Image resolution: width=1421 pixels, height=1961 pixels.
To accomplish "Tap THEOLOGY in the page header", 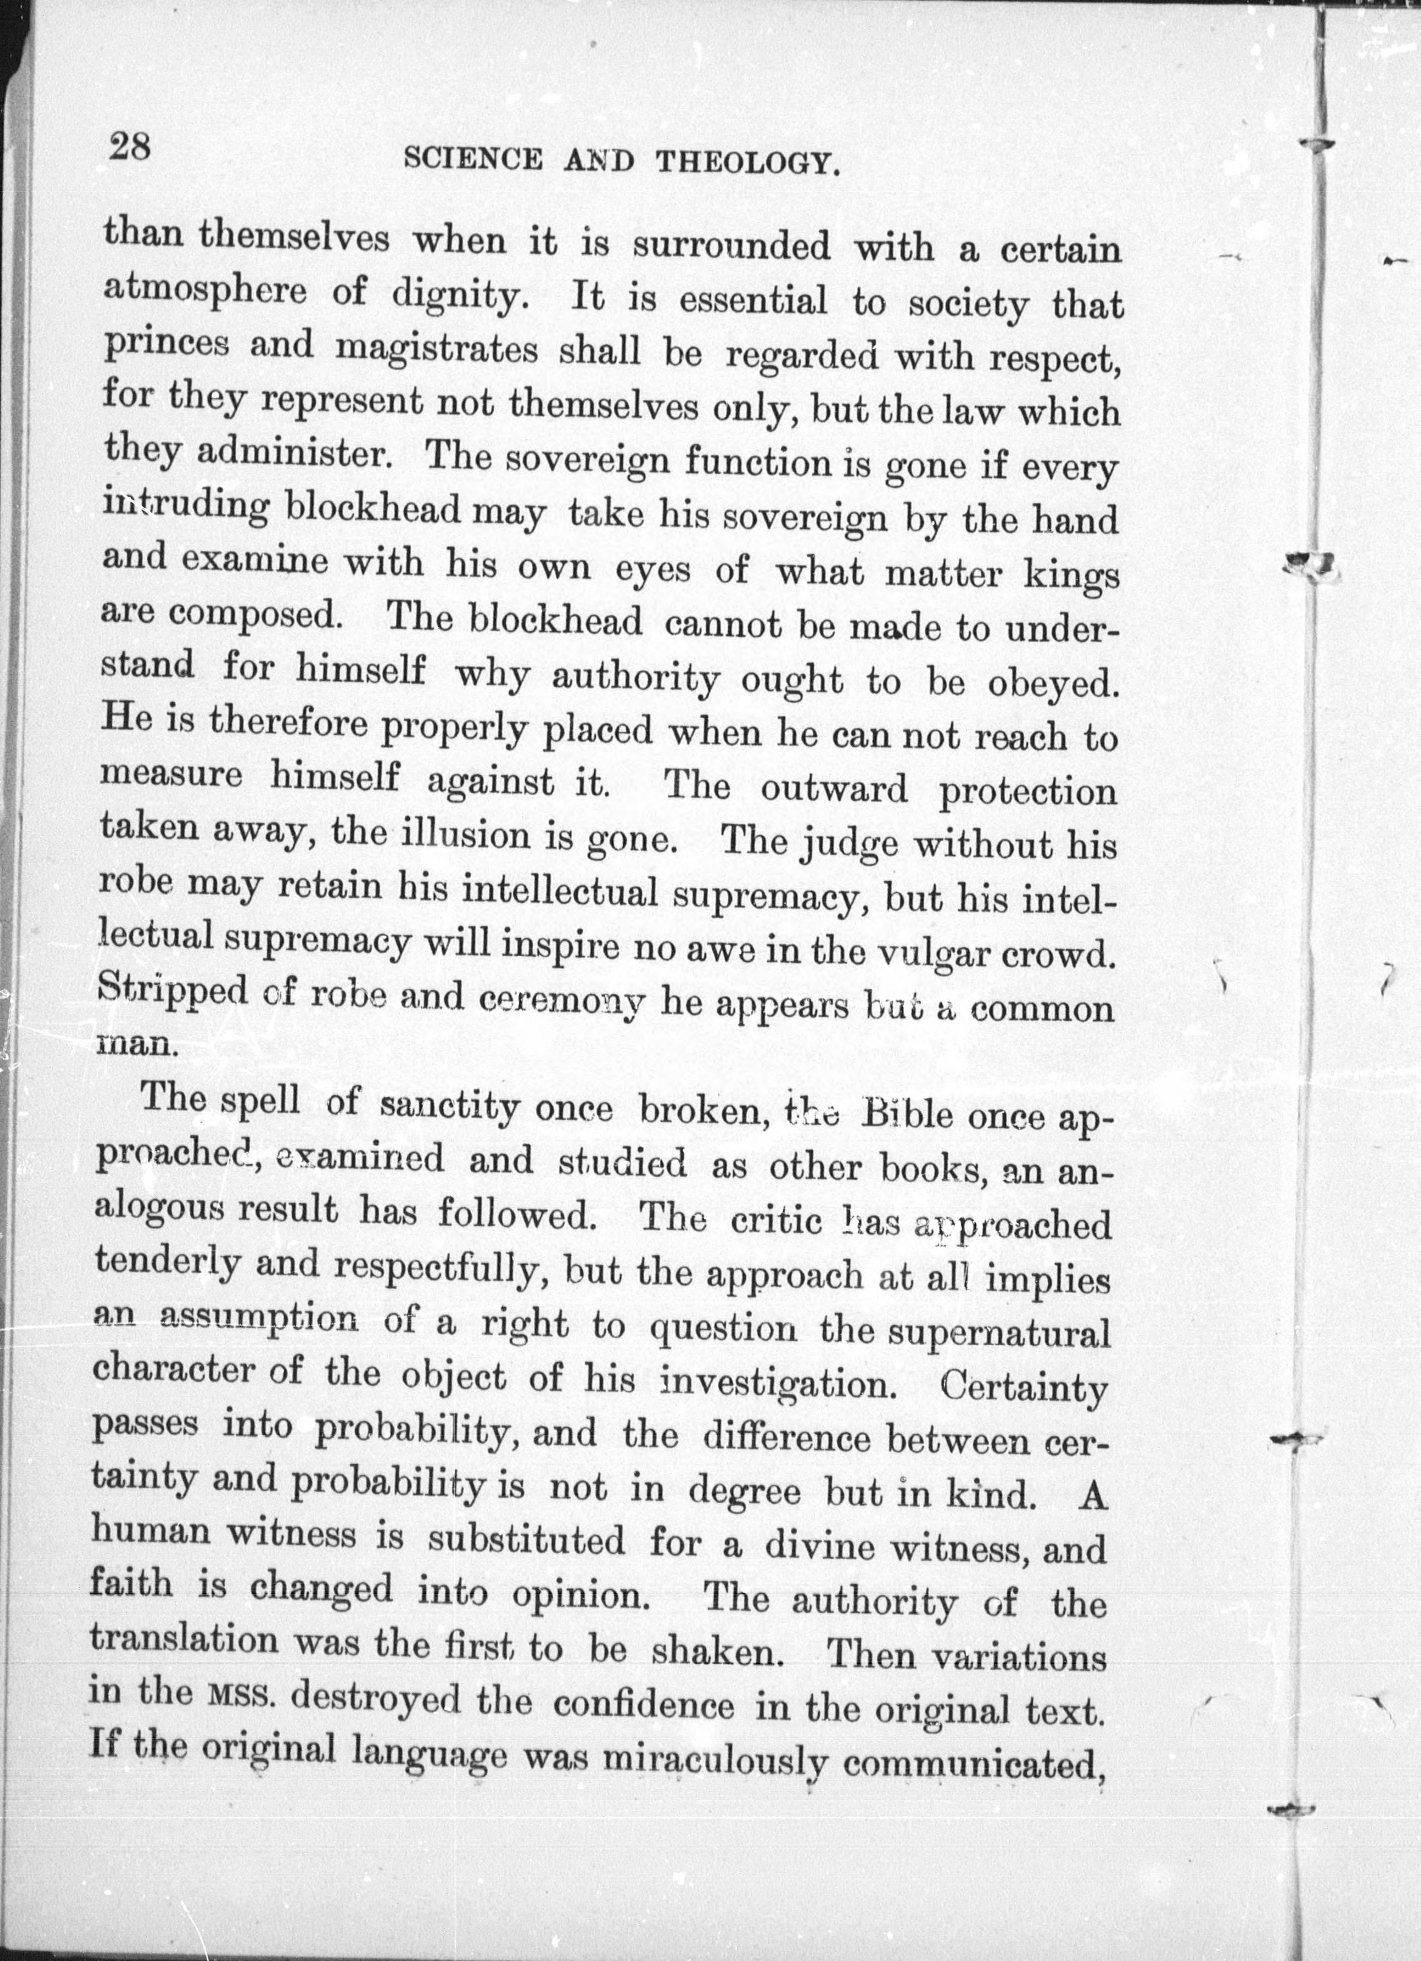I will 749,163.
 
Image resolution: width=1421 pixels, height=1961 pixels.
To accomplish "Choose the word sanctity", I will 450,1106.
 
